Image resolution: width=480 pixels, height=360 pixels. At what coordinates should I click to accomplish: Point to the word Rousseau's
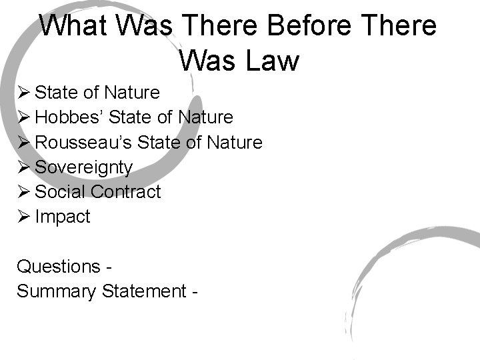79,142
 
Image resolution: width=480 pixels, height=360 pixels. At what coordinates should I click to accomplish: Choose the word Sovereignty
83,167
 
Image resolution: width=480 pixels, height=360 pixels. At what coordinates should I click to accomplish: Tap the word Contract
126,192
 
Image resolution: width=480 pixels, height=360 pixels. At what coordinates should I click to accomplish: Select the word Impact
62,217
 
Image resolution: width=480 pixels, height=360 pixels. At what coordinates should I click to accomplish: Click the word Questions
59,267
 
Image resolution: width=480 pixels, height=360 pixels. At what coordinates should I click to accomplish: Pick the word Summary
57,291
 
